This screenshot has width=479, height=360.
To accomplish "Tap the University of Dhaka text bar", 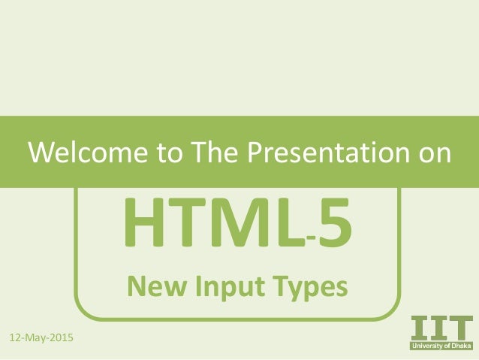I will pyautogui.click(x=441, y=346).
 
